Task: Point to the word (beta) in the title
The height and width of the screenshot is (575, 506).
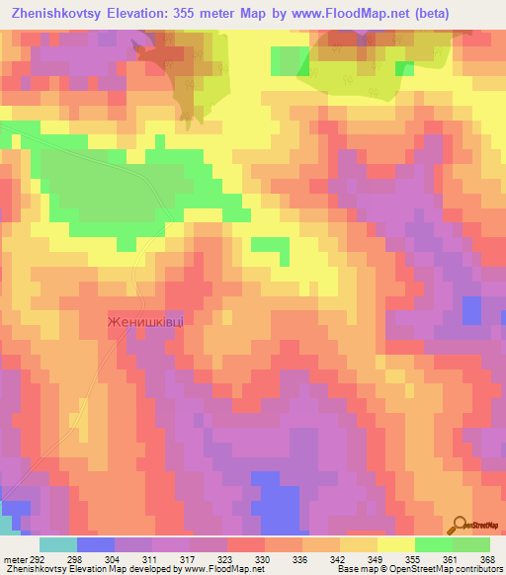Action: [x=468, y=14]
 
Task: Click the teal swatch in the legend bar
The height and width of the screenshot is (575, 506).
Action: [x=58, y=544]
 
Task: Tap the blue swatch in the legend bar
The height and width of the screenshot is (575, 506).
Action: [x=96, y=544]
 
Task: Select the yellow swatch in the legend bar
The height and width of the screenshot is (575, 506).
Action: [x=396, y=544]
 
